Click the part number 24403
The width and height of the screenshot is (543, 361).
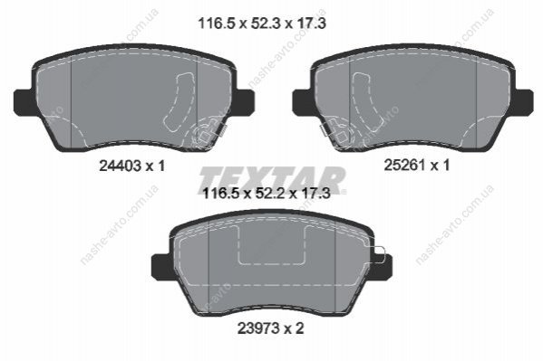[x=120, y=166]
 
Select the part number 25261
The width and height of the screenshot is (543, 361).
[x=404, y=165]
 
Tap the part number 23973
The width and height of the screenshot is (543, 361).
[x=258, y=328]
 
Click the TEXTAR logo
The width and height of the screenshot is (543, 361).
[x=272, y=179]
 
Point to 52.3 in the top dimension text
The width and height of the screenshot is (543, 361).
[x=261, y=24]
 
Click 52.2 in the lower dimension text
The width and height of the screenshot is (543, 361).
[x=266, y=194]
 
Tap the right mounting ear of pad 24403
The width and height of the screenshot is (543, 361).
[x=245, y=101]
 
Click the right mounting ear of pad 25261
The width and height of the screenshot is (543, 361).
[x=523, y=101]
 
